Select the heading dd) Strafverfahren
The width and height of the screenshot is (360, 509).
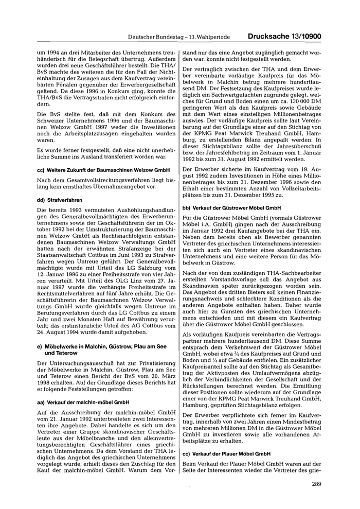click(57, 199)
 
